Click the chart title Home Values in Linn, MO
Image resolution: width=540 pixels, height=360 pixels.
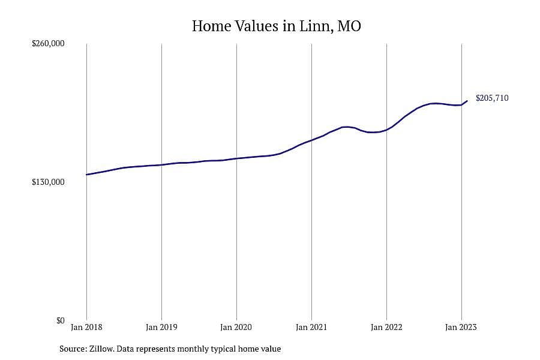[276, 26]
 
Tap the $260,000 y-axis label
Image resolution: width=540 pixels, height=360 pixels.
[48, 44]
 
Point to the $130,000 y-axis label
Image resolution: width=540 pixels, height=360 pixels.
[48, 182]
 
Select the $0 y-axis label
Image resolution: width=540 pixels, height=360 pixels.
[60, 321]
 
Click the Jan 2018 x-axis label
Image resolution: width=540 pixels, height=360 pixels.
[86, 327]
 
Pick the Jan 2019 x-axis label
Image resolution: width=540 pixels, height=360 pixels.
[161, 327]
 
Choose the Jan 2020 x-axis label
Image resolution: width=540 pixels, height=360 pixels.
[236, 327]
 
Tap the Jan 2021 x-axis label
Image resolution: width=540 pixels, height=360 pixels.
[311, 327]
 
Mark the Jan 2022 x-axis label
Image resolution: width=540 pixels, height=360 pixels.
[386, 327]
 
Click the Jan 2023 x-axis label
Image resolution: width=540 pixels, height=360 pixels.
[461, 327]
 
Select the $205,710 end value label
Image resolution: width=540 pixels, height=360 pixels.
[492, 98]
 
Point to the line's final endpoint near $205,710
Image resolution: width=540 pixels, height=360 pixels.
[467, 101]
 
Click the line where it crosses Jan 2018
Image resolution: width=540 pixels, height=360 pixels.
[87, 175]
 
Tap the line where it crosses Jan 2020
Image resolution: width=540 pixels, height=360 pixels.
[236, 158]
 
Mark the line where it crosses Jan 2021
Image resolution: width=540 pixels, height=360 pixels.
[311, 140]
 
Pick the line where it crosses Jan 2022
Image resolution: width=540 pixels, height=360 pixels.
[387, 130]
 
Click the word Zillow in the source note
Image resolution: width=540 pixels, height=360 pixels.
[101, 349]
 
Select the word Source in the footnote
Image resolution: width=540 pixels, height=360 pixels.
[73, 349]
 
